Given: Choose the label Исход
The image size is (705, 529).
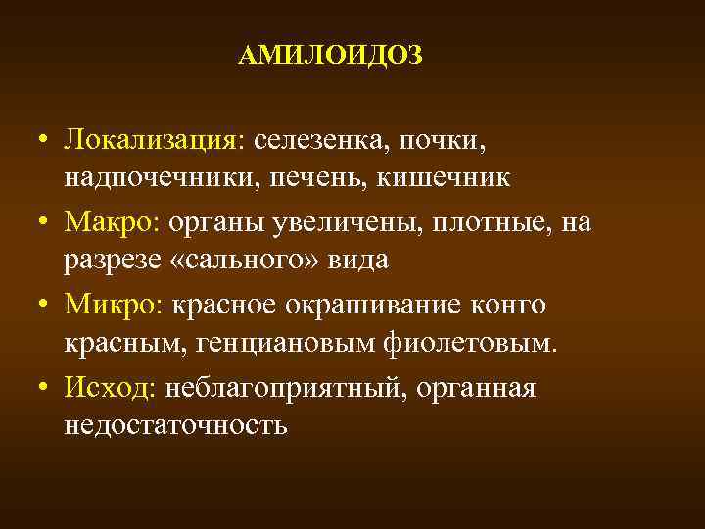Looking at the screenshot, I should pos(109,388).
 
